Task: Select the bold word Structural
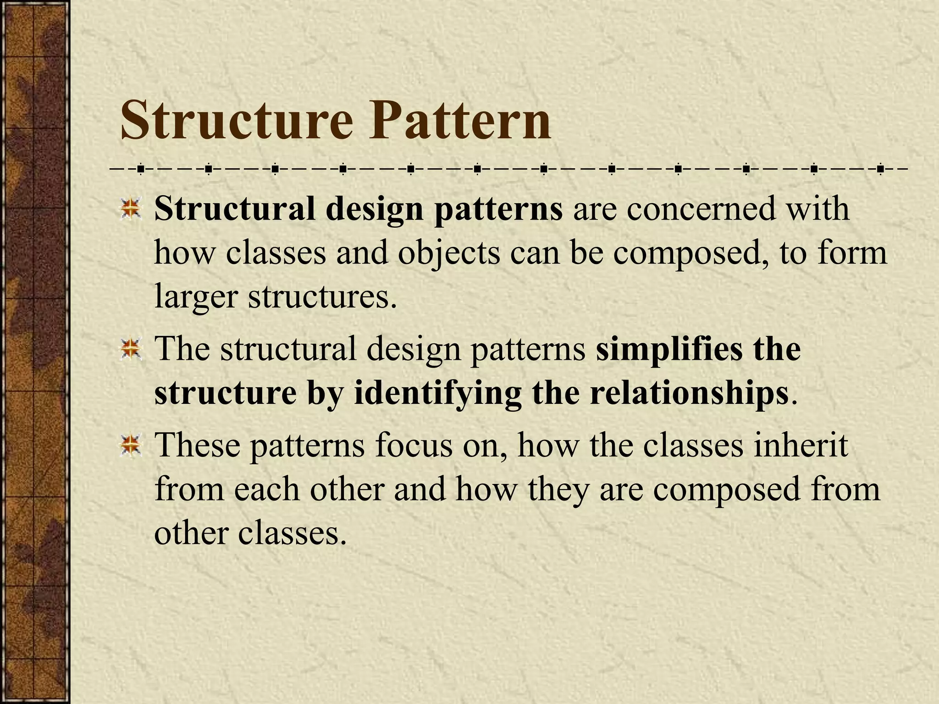[235, 209]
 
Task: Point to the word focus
[413, 445]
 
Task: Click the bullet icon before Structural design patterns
[131, 209]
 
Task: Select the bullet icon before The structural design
[131, 349]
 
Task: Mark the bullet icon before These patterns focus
[131, 445]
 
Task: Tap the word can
[535, 253]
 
